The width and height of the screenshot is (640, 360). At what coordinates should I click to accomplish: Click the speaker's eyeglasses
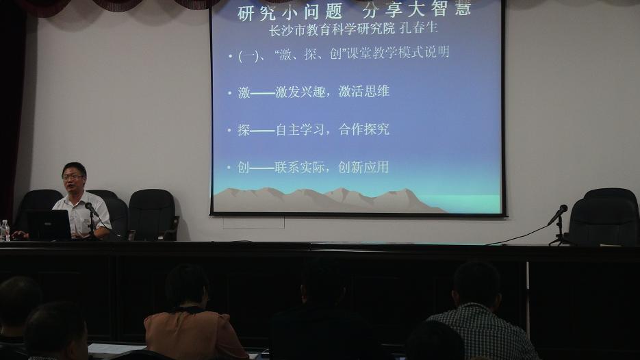pos(73,177)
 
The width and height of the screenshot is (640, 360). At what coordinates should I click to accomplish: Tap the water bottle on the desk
pos(5,231)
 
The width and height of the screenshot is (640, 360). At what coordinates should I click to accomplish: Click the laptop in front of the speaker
pos(49,225)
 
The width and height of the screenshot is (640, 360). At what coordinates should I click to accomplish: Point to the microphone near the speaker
pos(91,209)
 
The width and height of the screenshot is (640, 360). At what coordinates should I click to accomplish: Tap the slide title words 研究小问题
pos(290,12)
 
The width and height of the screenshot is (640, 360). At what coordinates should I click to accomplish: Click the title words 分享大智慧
pos(416,9)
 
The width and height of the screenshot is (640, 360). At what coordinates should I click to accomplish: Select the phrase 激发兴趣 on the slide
pos(300,92)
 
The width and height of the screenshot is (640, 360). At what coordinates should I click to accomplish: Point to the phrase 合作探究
pos(363,129)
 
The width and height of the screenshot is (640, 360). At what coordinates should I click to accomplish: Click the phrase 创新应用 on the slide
pos(363,167)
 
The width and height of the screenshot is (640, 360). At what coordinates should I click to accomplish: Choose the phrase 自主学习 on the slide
pos(300,130)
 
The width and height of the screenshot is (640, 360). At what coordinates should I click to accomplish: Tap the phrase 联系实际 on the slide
pos(300,168)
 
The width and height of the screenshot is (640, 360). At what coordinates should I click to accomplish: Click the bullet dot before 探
pos(230,131)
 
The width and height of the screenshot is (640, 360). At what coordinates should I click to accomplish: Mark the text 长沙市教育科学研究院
pos(332,29)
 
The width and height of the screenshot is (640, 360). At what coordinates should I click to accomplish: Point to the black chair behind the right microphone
pos(604,218)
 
